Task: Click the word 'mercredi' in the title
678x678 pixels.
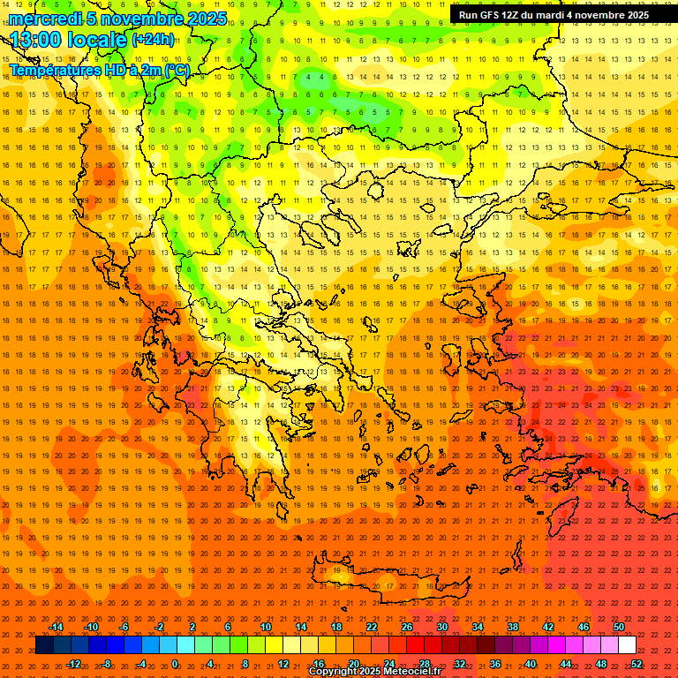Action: point(44,19)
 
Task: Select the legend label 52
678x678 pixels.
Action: point(637,664)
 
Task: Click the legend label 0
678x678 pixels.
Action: point(175,664)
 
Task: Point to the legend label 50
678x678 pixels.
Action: point(619,627)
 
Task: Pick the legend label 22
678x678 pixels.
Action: point(372,627)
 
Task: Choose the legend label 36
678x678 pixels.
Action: point(495,664)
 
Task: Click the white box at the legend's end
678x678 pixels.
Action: point(628,645)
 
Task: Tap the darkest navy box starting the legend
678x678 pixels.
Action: point(44,645)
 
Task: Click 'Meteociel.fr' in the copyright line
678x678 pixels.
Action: point(411,672)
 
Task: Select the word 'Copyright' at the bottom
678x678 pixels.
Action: point(334,672)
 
